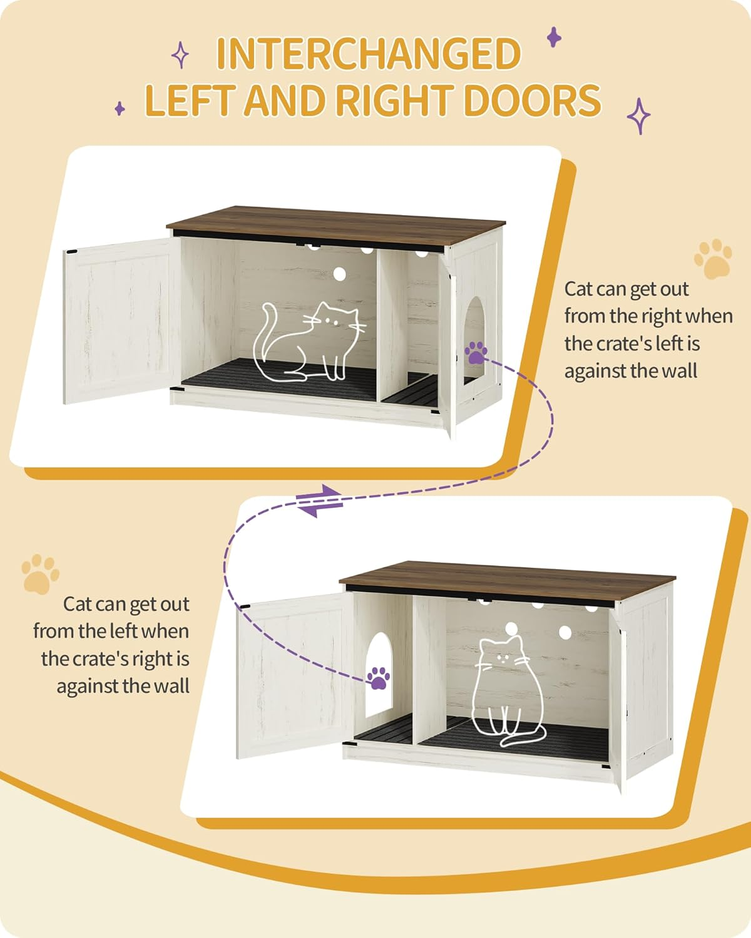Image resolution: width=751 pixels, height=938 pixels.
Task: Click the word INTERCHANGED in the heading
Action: (368, 54)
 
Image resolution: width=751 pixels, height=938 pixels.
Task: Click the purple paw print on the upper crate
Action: (476, 352)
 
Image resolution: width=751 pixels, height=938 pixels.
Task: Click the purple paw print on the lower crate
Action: (378, 677)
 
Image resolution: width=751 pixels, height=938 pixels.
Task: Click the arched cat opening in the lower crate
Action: (378, 675)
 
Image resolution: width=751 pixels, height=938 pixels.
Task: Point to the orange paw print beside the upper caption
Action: (713, 258)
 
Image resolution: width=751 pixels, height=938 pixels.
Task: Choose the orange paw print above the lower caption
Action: (40, 573)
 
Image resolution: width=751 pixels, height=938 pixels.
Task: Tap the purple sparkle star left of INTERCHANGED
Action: (180, 54)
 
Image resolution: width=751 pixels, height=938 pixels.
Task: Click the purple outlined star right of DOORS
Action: (639, 116)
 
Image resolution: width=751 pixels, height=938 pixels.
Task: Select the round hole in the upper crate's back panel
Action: (340, 273)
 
